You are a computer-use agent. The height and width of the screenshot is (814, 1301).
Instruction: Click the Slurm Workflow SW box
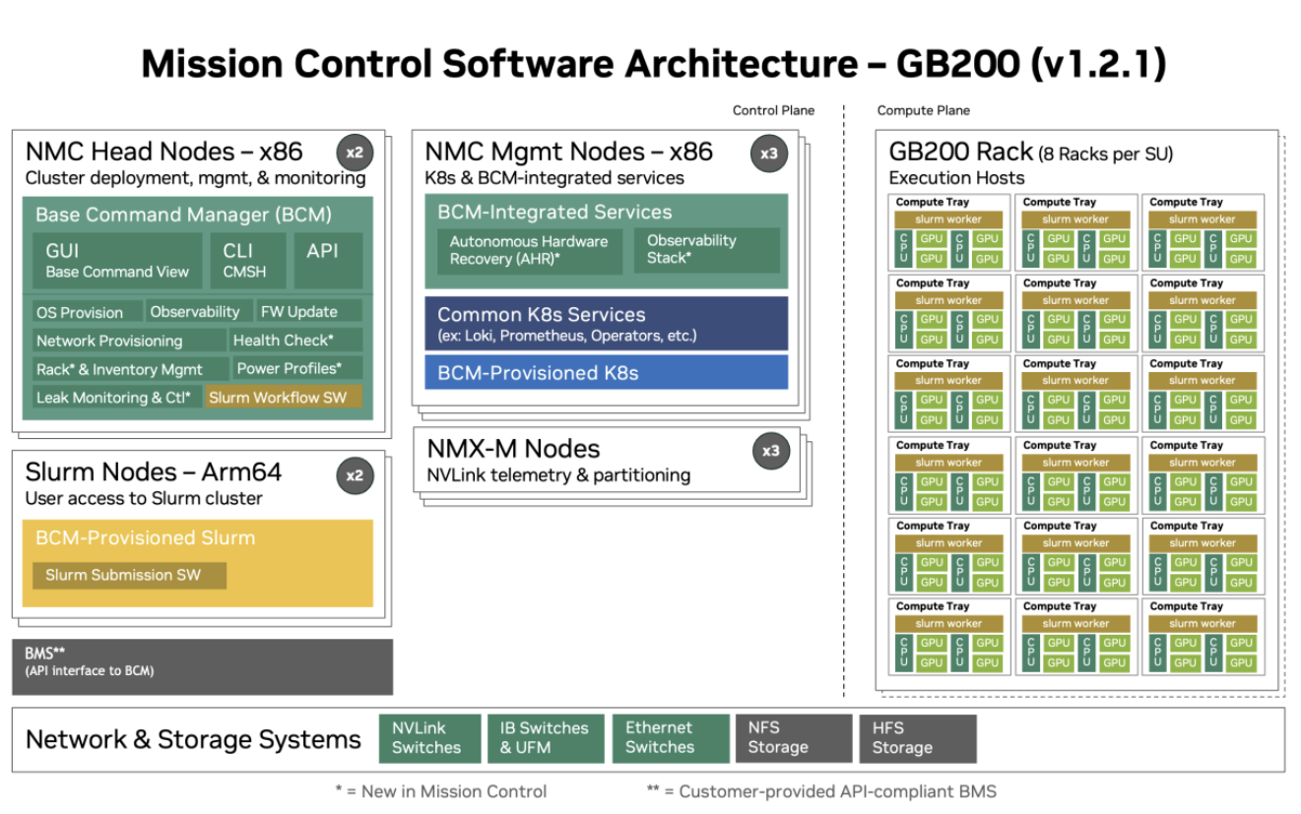coord(284,398)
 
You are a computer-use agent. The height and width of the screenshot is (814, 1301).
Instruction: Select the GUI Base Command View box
coord(117,261)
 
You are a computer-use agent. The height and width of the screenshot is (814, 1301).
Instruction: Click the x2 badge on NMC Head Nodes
coord(354,153)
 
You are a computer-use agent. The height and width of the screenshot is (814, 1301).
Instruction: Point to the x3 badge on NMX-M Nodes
coord(770,452)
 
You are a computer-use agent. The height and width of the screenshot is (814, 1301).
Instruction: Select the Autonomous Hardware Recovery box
coord(529,250)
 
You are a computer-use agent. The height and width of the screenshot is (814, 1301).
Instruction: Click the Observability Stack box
coord(706,250)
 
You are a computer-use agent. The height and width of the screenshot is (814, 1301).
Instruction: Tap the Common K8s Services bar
coord(606,324)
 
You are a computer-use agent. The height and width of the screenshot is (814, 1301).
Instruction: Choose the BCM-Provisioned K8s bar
coord(606,372)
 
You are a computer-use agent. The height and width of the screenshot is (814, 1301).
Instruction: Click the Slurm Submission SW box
coord(129,575)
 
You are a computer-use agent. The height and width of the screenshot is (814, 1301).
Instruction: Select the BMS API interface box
coord(202,666)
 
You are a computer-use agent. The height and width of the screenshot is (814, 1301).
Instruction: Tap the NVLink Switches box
coord(429,738)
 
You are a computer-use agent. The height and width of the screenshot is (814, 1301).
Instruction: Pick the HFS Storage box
coord(917,738)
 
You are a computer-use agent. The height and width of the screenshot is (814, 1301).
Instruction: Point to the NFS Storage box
coord(793,738)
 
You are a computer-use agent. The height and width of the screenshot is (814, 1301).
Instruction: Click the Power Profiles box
coord(297,369)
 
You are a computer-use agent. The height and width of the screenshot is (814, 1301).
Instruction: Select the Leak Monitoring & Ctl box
coord(115,398)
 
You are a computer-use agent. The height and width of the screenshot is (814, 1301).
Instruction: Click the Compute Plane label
coord(923,110)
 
